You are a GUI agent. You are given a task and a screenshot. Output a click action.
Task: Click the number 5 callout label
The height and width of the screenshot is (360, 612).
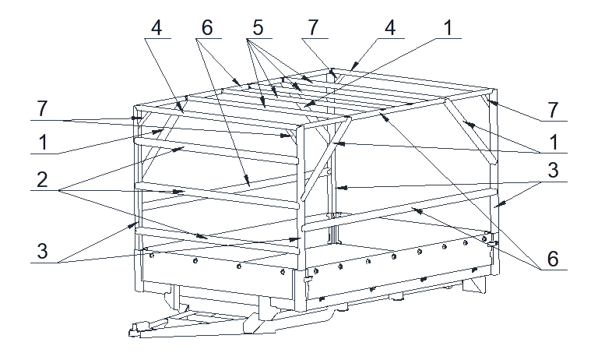coord(258,28)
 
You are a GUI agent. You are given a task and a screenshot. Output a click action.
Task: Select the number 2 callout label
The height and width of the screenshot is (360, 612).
coord(42,179)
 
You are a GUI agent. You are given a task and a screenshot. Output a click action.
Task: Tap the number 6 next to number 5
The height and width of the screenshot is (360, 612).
coord(207,28)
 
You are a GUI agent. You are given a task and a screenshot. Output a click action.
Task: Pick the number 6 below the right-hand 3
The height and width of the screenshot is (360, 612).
coord(553,259)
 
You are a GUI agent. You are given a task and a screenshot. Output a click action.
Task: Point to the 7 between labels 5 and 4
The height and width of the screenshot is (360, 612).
coord(313,28)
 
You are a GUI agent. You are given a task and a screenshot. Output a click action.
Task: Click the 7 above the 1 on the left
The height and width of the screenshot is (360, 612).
coord(42,108)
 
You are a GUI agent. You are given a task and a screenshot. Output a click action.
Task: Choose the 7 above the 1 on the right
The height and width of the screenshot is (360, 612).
coord(553,110)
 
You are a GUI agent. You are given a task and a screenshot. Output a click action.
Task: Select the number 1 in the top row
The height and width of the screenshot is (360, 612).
coord(448,28)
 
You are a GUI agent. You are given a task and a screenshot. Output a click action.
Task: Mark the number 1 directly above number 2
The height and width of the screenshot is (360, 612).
coord(43,142)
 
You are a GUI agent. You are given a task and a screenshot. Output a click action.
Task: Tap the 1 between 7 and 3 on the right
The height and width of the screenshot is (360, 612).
coord(554,142)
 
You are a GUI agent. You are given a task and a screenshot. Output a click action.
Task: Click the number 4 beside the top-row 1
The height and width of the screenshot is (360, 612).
coord(390,28)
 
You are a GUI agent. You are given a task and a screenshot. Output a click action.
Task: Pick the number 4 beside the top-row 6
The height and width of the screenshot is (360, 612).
coord(157,28)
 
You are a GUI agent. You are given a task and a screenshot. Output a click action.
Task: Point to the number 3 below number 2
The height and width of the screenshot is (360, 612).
coord(42,251)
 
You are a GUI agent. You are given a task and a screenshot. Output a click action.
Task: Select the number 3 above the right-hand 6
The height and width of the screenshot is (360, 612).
coord(553,171)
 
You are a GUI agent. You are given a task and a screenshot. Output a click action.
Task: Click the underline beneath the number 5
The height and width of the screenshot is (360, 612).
coord(259,39)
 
